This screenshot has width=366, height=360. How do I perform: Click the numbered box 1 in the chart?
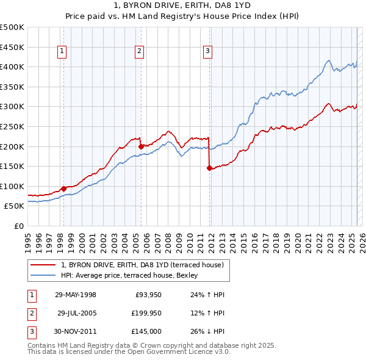63,51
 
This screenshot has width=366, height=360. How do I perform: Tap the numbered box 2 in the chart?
140,51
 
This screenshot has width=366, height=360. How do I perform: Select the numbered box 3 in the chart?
208,51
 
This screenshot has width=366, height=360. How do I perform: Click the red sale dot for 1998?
63,189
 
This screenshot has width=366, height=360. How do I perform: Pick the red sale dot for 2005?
141,146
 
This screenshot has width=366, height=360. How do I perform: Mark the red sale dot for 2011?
209,168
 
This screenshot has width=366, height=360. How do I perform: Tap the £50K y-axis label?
15,206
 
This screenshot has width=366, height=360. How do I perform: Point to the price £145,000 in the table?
147,331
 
